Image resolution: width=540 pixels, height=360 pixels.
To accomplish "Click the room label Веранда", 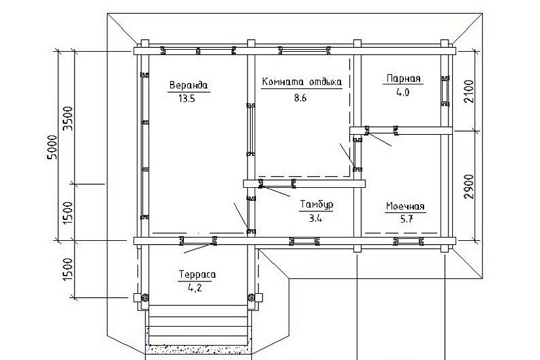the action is click(x=189, y=84).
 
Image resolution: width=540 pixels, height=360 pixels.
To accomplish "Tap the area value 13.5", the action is click(x=187, y=99).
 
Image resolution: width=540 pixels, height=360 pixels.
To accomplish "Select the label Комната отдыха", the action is click(x=302, y=82).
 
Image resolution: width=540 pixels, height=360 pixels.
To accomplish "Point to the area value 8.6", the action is click(x=300, y=98).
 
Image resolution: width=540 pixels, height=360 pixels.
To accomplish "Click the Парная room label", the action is click(x=404, y=78).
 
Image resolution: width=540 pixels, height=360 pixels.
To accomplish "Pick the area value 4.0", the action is click(x=403, y=92).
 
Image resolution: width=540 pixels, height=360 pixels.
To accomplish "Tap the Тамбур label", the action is click(x=317, y=204).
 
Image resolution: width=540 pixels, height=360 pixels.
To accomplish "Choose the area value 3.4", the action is click(x=315, y=219).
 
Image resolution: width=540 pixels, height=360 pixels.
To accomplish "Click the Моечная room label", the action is click(x=405, y=206).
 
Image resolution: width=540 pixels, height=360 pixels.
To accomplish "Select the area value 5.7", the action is click(x=406, y=219).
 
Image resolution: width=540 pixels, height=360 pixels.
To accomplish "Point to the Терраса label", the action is click(x=197, y=274).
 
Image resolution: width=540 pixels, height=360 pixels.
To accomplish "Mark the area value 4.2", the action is click(x=195, y=288).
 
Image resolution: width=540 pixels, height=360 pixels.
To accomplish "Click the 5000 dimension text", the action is click(x=53, y=147).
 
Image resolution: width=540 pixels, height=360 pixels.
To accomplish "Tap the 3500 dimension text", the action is click(x=69, y=118).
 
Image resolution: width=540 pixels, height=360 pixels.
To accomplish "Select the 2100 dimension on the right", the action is click(x=469, y=91).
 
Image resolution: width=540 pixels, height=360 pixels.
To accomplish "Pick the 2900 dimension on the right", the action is click(x=469, y=187).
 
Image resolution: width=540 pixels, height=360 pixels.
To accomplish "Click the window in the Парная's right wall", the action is click(x=445, y=90).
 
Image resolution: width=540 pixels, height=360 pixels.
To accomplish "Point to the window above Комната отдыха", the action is click(x=304, y=51).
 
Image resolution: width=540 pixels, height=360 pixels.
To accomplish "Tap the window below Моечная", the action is click(x=409, y=241).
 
